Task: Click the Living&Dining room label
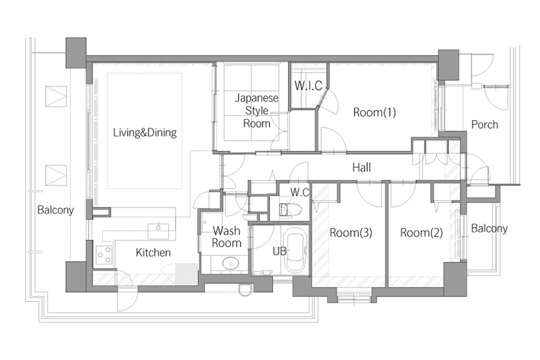click(x=145, y=133)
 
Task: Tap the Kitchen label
click(x=153, y=252)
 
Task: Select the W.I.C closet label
click(x=308, y=85)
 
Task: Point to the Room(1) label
click(x=374, y=112)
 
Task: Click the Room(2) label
click(x=421, y=233)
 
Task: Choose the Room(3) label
click(x=351, y=233)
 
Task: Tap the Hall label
click(x=362, y=168)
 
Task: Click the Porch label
click(x=485, y=124)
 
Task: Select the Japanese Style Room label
click(x=256, y=110)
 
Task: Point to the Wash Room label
click(x=226, y=237)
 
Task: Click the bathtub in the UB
click(x=296, y=253)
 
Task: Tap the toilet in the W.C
click(x=290, y=210)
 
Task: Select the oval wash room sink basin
click(x=231, y=264)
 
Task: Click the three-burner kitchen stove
click(x=104, y=255)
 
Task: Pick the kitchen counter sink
click(x=158, y=231)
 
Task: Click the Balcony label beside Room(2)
click(x=489, y=228)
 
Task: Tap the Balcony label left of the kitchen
click(x=55, y=210)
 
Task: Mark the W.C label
click(x=300, y=192)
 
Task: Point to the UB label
click(x=279, y=251)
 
